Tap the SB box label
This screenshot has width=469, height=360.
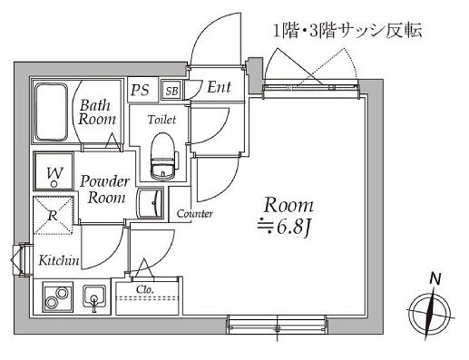tap(171, 89)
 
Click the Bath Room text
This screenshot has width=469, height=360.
tap(94, 111)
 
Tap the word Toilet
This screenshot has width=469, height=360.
tap(162, 120)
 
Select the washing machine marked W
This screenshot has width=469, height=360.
tap(54, 171)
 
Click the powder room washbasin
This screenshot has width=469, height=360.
tap(151, 201)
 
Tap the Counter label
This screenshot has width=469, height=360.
tap(194, 215)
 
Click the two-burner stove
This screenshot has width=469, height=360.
tap(56, 298)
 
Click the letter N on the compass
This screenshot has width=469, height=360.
tap(435, 278)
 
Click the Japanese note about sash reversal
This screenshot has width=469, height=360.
tap(348, 32)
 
